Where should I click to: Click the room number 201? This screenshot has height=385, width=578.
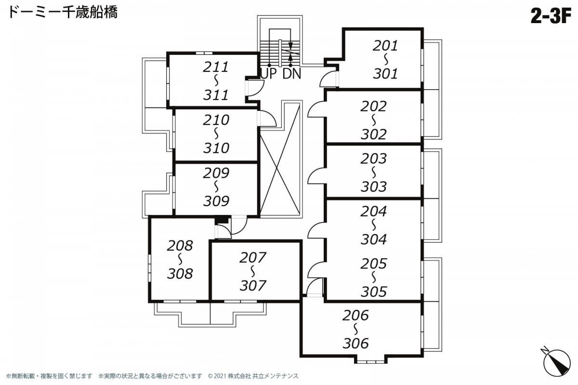pos(385,46)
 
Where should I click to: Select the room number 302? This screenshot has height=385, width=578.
pos(373,134)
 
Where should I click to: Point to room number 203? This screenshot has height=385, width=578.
pos(373,158)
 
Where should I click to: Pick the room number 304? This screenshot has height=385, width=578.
pos(373,239)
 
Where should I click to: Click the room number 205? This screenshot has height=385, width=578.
pos(373,264)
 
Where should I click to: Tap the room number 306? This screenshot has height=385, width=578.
pos(355,343)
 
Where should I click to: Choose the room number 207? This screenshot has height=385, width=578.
pos(252,258)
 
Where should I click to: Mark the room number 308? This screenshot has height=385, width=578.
pos(180,274)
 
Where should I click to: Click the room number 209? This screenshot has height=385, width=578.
pos(216,173)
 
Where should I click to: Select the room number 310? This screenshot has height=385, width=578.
pos(216,147)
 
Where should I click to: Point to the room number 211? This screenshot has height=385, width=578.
pos(215,66)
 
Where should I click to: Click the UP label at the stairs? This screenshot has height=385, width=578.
pos(269,74)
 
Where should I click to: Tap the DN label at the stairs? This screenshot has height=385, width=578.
pos(291,74)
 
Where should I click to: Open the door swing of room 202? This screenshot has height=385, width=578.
pos(316,109)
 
